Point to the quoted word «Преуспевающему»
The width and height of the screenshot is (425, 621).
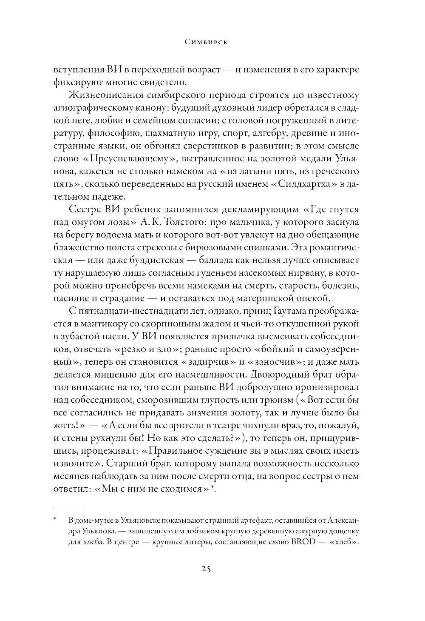tap(123, 158)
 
